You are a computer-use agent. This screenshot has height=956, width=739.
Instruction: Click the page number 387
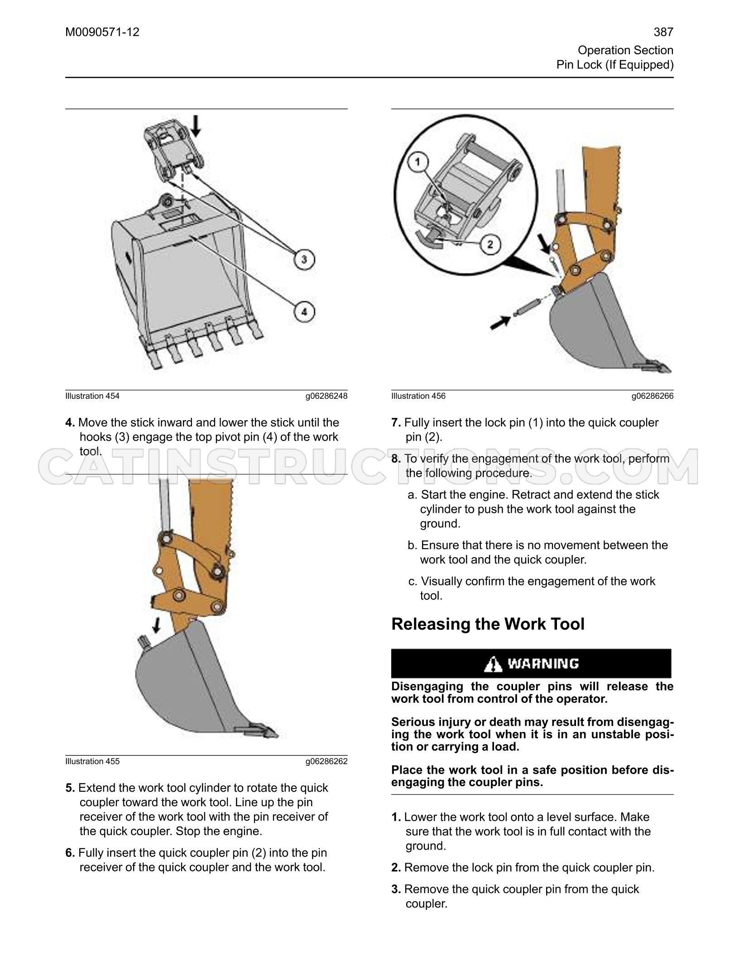coord(663,32)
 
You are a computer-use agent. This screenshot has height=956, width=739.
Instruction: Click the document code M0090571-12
coord(102,32)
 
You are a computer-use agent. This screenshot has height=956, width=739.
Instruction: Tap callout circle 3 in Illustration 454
coord(304,259)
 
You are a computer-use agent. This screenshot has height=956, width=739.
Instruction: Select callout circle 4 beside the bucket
coord(304,312)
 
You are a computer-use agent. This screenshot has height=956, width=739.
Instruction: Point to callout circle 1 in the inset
coord(418,162)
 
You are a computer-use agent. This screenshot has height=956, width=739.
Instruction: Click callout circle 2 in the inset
coord(489,245)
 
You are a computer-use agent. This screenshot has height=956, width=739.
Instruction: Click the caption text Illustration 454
coord(92,396)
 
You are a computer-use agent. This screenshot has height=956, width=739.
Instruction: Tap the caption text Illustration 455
coord(92,761)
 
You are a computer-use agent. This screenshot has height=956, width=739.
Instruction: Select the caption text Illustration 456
coord(418,396)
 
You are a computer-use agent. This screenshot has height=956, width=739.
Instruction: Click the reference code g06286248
coord(326,396)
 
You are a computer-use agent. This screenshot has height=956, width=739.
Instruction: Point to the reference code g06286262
coord(326,761)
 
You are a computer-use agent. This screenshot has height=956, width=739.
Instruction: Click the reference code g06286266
coord(653,396)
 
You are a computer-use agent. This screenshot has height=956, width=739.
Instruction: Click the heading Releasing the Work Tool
coord(488,624)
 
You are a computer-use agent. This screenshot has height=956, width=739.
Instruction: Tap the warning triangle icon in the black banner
coord(493,664)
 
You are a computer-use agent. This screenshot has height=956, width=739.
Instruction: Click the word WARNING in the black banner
coord(543,664)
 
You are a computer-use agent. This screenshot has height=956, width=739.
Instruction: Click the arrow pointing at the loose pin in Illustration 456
coord(501,323)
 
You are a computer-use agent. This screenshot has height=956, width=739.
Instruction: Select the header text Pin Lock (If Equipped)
coord(615,65)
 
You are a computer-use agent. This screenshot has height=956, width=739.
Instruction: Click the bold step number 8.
coord(396,459)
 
